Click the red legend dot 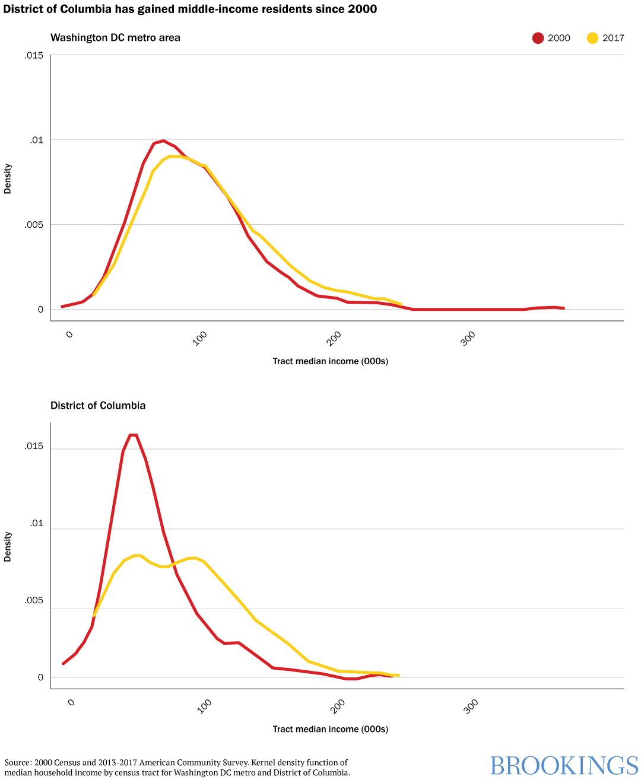538,38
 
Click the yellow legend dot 592,38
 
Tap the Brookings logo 564,766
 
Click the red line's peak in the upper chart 163,141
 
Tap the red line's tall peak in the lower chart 133,435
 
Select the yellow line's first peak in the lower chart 138,556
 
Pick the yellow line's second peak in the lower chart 191,558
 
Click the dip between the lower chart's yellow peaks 164,567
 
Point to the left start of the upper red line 62,307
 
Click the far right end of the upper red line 563,308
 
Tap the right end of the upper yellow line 401,304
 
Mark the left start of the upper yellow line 94,294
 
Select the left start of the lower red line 63,664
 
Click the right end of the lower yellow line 398,675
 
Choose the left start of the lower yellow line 94,615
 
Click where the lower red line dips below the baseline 351,679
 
